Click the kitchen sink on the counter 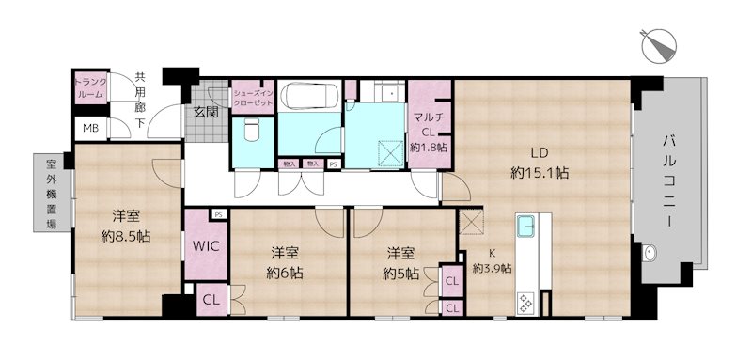(525, 227)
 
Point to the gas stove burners (525, 303)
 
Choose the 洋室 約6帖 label (286, 262)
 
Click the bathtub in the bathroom (309, 98)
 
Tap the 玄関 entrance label (206, 112)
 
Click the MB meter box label (89, 129)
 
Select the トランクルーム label (91, 89)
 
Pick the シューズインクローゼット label (253, 97)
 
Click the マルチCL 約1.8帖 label (429, 131)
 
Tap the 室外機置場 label (51, 192)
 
